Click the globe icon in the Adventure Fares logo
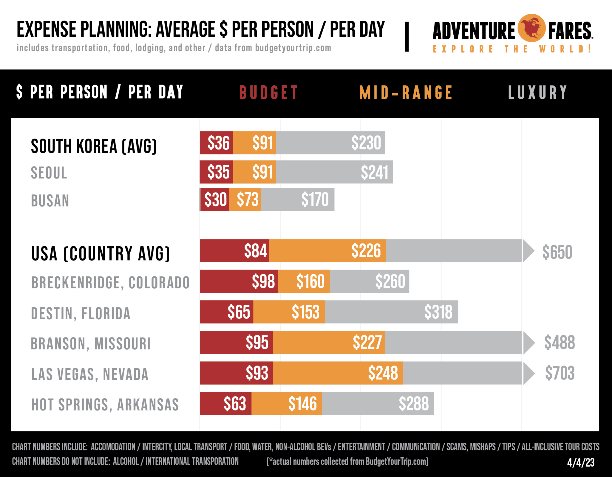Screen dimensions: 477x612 tap(531, 28)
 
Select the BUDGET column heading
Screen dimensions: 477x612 tap(269, 93)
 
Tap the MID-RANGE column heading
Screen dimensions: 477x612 tap(406, 93)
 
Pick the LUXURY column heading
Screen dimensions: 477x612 tap(538, 93)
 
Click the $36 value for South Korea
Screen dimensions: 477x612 tap(218, 143)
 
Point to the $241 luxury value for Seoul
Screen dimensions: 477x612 tap(374, 172)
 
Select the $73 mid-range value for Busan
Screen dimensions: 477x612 tap(247, 200)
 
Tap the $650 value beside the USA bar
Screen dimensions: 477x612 tap(557, 252)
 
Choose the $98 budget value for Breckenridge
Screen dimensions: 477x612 tap(263, 281)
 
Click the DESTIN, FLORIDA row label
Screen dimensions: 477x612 tap(81, 313)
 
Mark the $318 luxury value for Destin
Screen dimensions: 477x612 tap(438, 312)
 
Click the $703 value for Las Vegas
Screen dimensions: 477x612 tap(560, 373)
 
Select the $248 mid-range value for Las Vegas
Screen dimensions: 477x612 tap(383, 373)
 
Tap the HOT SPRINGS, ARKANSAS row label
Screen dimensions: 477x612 tap(105, 405)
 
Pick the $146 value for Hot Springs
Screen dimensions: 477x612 tap(302, 404)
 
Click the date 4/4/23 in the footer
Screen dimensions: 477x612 tap(581, 462)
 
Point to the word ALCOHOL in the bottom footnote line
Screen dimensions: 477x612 tap(126, 461)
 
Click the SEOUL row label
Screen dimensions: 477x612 tap(49, 173)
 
